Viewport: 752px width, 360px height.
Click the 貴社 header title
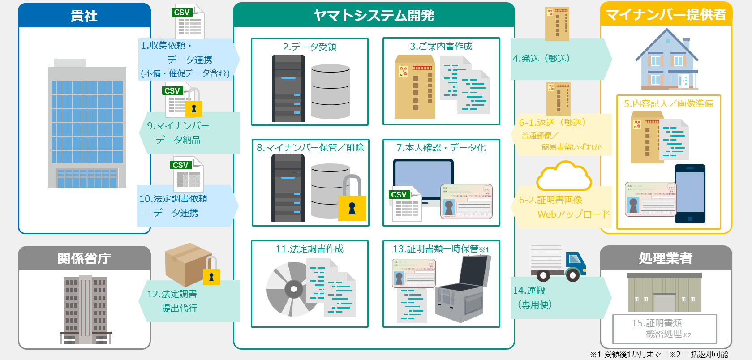click(x=84, y=16)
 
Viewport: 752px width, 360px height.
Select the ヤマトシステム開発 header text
click(x=374, y=16)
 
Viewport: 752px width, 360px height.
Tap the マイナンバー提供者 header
click(x=666, y=15)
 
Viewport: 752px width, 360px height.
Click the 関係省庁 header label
click(x=84, y=258)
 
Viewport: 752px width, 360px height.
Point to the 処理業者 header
click(x=666, y=258)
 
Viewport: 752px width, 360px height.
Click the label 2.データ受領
click(x=309, y=47)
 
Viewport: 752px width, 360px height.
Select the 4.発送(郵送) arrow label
click(x=541, y=59)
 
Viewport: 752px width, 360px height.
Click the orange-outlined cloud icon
click(x=564, y=177)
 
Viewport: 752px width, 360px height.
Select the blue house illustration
click(x=666, y=60)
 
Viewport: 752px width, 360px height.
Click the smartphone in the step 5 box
click(x=690, y=193)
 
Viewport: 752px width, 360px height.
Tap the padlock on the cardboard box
click(x=211, y=272)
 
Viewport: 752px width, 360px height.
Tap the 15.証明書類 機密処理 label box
click(x=664, y=329)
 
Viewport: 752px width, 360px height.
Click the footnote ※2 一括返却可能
click(x=698, y=355)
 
